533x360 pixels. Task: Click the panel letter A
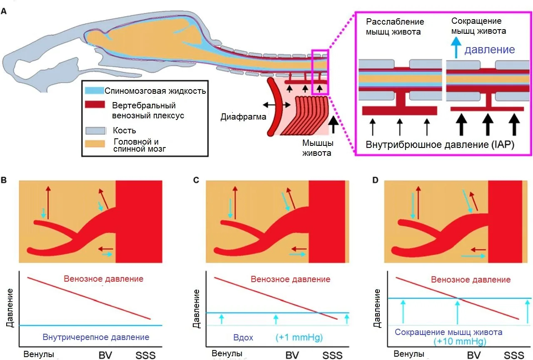[4, 11]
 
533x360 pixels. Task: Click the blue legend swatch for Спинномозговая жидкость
[95, 90]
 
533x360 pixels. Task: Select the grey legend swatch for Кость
[95, 130]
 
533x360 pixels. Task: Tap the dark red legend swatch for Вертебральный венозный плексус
[95, 105]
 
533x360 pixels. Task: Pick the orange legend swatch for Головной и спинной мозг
[95, 144]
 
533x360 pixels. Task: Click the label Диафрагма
[243, 117]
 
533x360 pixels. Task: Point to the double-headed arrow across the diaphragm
[277, 105]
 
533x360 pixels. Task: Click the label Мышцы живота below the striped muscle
[317, 147]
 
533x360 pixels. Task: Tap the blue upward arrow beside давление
[456, 48]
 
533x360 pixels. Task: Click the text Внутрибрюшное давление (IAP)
[440, 145]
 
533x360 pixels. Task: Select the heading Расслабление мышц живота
[395, 27]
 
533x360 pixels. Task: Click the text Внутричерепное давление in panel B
[96, 337]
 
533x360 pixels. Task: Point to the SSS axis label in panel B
[145, 355]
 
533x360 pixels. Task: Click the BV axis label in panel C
[292, 355]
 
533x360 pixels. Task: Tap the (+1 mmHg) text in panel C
[299, 337]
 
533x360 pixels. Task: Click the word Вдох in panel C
[243, 337]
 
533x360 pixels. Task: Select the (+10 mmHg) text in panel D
[460, 341]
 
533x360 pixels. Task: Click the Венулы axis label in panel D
[409, 354]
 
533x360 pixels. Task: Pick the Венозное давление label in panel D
[471, 279]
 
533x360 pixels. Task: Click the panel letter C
[196, 180]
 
